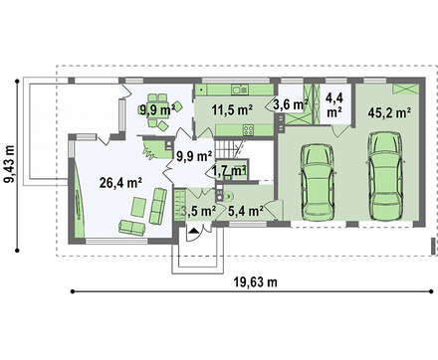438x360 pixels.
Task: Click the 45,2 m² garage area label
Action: point(387,113)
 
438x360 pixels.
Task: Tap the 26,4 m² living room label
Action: point(121,183)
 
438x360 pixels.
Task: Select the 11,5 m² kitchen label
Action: point(232,109)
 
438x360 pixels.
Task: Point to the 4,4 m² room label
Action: point(334,105)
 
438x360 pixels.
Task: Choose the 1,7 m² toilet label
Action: point(229,171)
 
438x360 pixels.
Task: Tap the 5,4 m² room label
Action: point(246,211)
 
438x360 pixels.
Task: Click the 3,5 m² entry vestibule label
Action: point(198,211)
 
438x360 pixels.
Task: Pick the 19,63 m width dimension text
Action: point(256,282)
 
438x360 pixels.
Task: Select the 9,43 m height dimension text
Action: point(10,164)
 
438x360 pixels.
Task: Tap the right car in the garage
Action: point(385,176)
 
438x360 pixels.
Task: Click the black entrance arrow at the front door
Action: point(193,231)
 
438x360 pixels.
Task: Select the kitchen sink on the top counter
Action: point(240,90)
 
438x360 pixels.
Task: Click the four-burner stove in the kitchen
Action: point(249,129)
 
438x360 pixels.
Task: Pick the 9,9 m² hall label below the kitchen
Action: point(194,156)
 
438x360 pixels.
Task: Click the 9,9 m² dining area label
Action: point(157,109)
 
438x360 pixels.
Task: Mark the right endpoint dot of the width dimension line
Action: point(431,291)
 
